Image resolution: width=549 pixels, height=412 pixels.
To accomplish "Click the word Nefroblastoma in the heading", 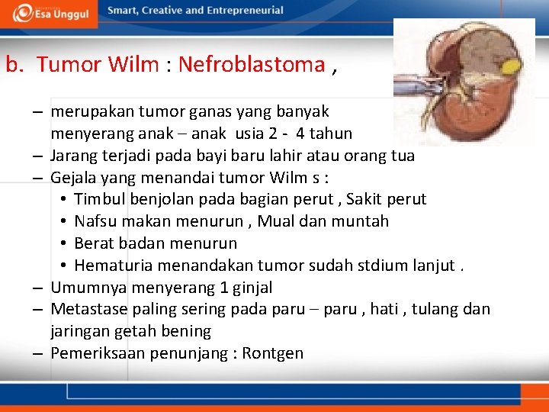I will coord(252,65).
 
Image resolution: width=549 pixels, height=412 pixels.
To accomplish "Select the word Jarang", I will coord(73,156).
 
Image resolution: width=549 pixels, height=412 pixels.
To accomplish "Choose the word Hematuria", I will coord(111,266).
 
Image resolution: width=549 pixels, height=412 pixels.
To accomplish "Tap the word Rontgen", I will coord(273,354).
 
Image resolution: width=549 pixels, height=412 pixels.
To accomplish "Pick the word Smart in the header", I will coord(124,11).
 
